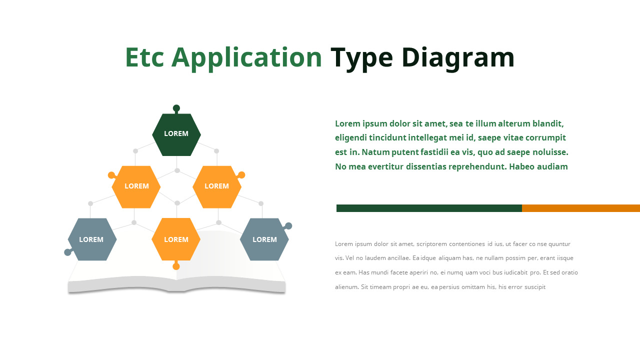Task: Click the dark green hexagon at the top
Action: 176,134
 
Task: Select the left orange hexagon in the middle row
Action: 136,186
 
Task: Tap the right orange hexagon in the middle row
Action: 216,186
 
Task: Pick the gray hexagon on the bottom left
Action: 92,239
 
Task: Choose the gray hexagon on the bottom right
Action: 264,239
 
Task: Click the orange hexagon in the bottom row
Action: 176,239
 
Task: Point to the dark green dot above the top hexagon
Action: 176,108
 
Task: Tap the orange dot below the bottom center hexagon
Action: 176,266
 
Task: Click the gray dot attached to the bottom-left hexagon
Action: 68,252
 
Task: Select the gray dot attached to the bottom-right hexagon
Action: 288,226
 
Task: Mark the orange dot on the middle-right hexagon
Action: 241,175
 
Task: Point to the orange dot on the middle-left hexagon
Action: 111,175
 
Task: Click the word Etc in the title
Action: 144,57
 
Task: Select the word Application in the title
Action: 247,57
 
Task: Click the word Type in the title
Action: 362,57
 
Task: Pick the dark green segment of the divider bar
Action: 429,208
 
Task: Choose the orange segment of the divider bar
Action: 580,208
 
